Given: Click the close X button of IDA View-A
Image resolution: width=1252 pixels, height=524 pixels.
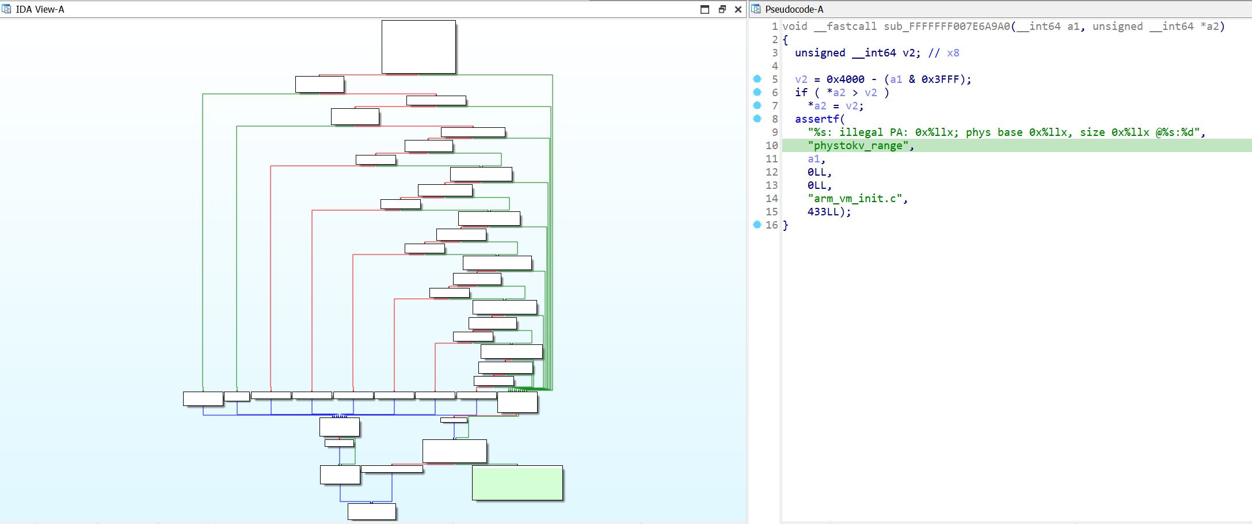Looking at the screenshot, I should tap(738, 9).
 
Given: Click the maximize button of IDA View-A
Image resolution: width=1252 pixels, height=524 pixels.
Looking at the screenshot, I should tap(705, 9).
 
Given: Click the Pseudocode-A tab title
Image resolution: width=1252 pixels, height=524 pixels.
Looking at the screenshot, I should tap(794, 9).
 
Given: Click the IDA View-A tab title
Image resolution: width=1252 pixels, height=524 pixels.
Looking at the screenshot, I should tap(40, 9).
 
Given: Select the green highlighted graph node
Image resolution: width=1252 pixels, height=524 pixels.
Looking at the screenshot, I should tap(517, 483).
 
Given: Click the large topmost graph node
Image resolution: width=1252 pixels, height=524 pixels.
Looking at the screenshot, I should tap(418, 47).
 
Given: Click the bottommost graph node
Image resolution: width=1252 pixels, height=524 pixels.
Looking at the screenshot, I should tap(371, 511).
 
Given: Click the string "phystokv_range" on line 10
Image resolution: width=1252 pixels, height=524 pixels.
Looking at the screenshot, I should tap(858, 146).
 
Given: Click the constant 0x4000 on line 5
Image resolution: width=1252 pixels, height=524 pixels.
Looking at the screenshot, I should tap(845, 79).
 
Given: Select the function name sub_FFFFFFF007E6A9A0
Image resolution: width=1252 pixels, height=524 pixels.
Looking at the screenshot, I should tap(946, 26).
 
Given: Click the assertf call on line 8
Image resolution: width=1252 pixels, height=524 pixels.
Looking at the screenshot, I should tap(817, 119).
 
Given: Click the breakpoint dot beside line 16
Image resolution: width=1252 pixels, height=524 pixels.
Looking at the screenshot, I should tap(757, 225).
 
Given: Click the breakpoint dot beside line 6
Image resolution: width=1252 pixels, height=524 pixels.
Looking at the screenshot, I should tap(757, 92).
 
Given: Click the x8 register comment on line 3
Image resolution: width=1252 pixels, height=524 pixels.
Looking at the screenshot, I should tap(953, 53).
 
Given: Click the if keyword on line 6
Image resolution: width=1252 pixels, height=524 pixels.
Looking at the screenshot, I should tap(801, 93).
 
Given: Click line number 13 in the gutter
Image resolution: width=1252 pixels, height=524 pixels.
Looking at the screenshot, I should tap(771, 185).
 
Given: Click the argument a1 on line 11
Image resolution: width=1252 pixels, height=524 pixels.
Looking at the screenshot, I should tap(813, 159).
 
